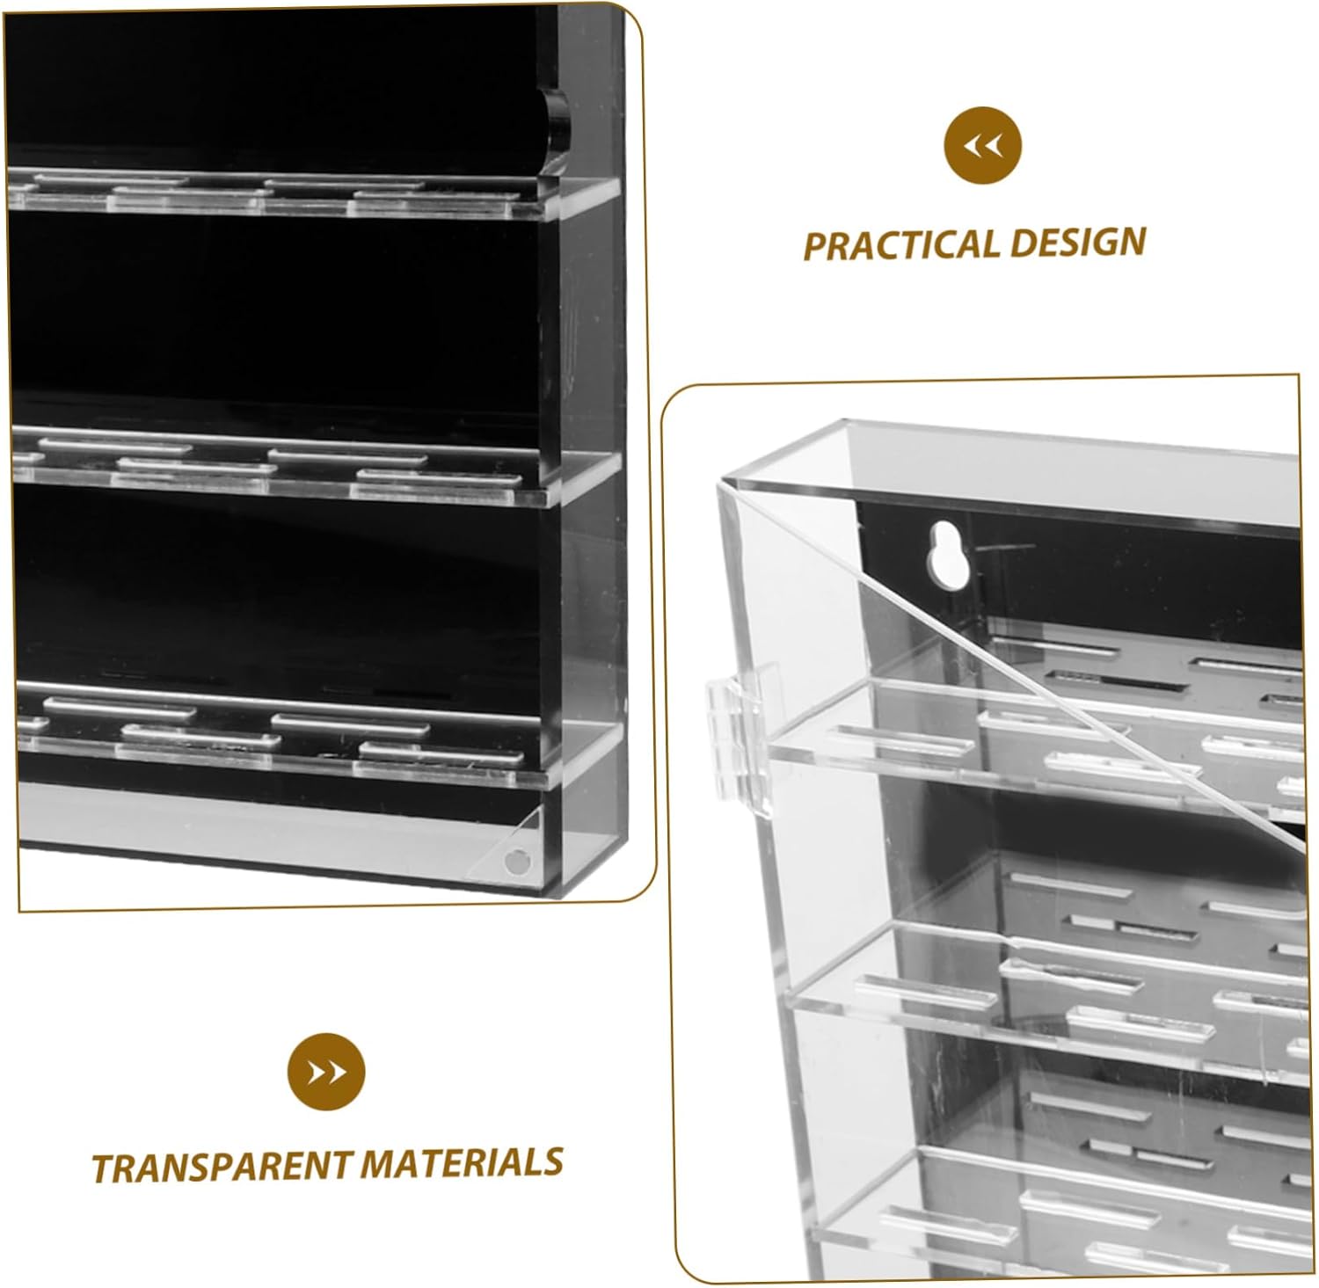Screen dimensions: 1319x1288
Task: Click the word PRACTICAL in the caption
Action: tap(899, 245)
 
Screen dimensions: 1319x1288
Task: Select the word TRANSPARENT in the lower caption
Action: tap(222, 1167)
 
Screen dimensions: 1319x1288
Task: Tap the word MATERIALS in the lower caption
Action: tap(462, 1163)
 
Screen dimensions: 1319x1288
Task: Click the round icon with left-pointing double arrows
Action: tap(983, 145)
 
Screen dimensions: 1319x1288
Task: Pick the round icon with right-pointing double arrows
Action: tap(326, 1072)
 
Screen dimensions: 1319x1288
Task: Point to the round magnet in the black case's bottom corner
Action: tap(518, 861)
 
